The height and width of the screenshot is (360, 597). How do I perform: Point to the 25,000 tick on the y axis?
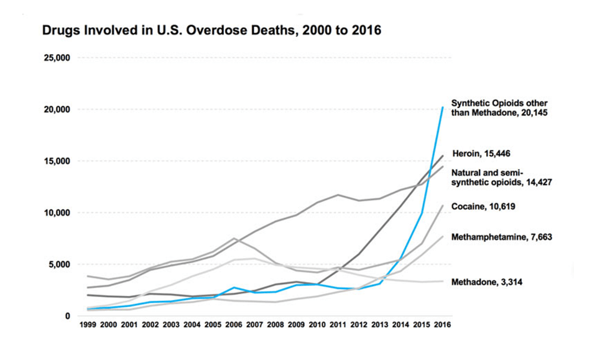tap(57, 58)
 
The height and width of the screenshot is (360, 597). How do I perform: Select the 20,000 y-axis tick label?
tap(57, 109)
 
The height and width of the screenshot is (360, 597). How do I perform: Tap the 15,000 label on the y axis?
tap(57, 161)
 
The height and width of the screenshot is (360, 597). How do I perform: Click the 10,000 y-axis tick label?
tap(57, 213)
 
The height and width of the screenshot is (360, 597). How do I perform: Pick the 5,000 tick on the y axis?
tap(60, 264)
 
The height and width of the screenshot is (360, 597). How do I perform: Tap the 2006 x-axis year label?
tap(233, 325)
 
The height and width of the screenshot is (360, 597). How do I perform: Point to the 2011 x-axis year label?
tap(338, 325)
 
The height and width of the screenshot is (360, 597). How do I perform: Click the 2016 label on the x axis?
tap(442, 325)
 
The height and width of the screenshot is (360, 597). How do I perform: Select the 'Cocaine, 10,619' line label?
tap(485, 206)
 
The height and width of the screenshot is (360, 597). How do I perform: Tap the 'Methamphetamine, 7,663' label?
tap(501, 237)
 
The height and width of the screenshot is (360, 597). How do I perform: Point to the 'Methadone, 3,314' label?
tap(486, 282)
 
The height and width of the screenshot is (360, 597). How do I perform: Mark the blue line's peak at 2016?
tap(442, 108)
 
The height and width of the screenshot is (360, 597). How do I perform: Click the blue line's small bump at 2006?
tap(233, 287)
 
